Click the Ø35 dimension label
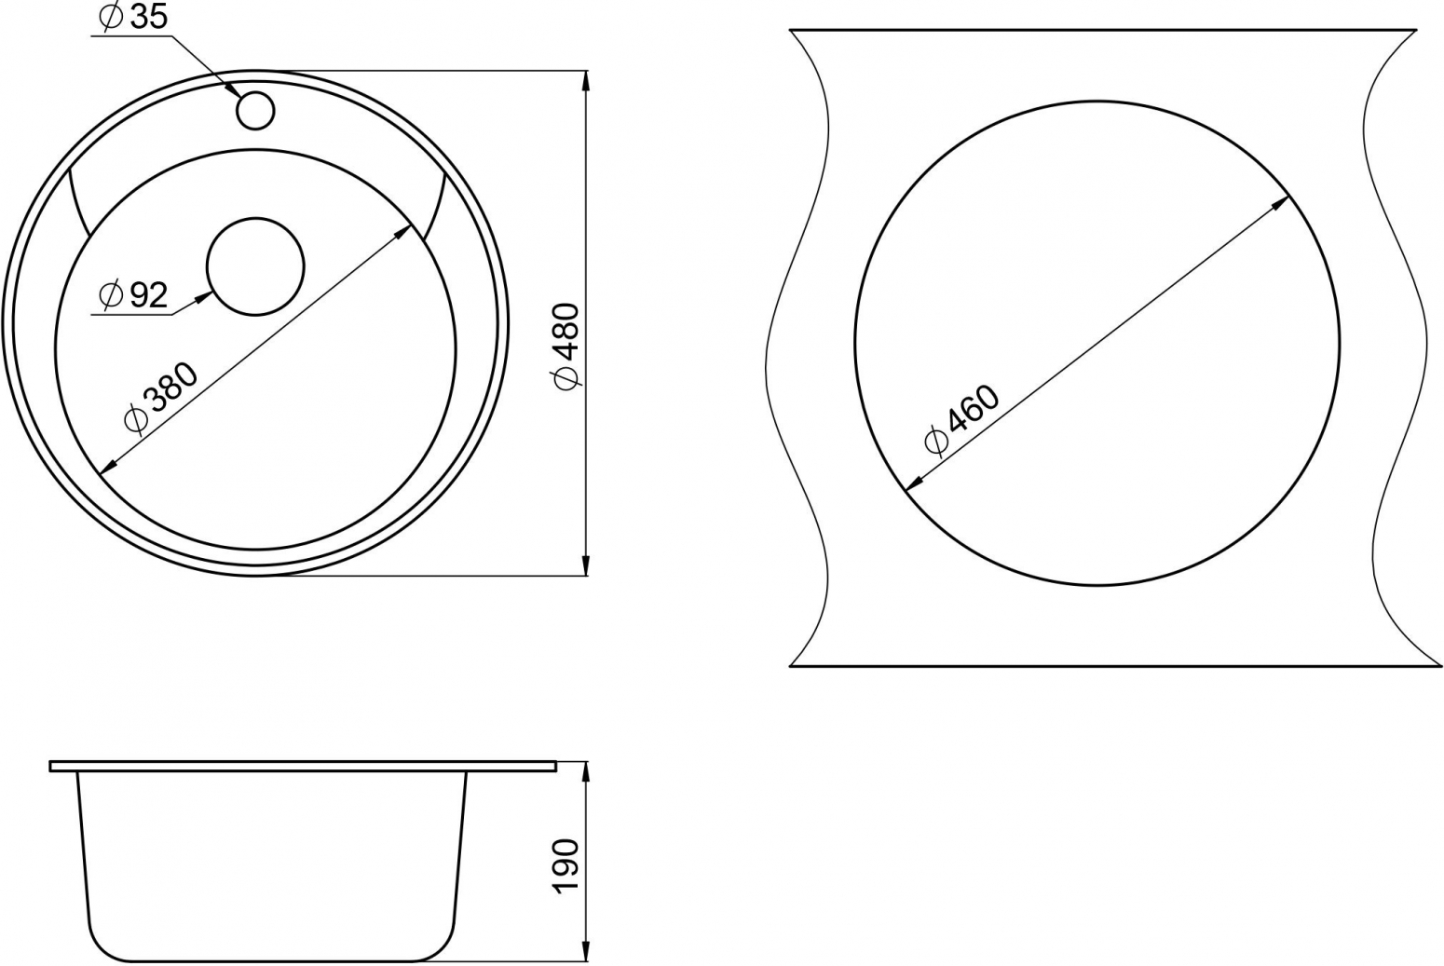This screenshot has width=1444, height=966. pyautogui.click(x=133, y=18)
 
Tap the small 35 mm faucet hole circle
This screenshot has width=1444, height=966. pyautogui.click(x=256, y=110)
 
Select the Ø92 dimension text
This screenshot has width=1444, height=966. pyautogui.click(x=133, y=296)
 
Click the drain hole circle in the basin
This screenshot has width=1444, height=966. pyautogui.click(x=255, y=266)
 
